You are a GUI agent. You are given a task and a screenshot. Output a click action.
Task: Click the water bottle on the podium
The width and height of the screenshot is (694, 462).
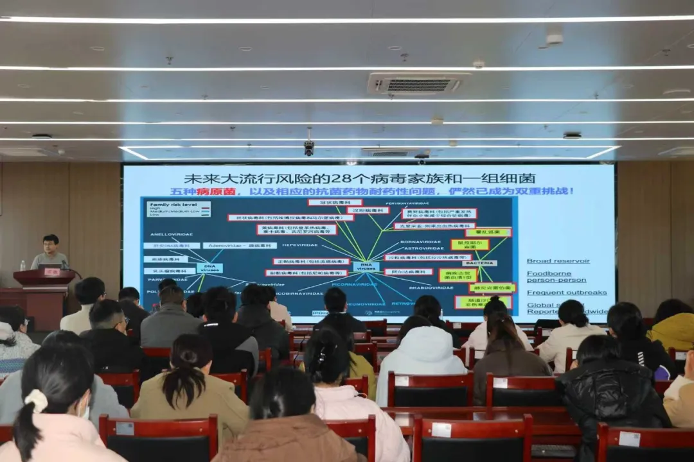pyautogui.click(x=23, y=265)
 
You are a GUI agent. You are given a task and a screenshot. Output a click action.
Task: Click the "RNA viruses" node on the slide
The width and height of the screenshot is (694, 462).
pyautogui.click(x=366, y=266)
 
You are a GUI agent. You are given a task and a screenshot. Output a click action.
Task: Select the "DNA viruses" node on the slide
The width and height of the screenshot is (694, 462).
pyautogui.click(x=209, y=268)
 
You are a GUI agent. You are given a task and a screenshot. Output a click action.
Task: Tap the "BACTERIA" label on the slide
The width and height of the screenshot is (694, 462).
pyautogui.click(x=479, y=263)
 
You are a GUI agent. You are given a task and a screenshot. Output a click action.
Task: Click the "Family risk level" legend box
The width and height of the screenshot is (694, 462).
pyautogui.click(x=170, y=209)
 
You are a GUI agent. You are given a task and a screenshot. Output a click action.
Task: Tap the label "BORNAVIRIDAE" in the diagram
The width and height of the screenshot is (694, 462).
pyautogui.click(x=420, y=242)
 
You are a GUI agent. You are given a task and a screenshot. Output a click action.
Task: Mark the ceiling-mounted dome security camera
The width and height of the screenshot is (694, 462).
pyautogui.click(x=309, y=148)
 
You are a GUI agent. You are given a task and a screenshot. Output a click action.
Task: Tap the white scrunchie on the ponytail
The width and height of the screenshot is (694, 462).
pyautogui.click(x=37, y=400)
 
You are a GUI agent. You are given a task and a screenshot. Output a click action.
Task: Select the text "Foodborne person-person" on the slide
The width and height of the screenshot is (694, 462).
pyautogui.click(x=547, y=277)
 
